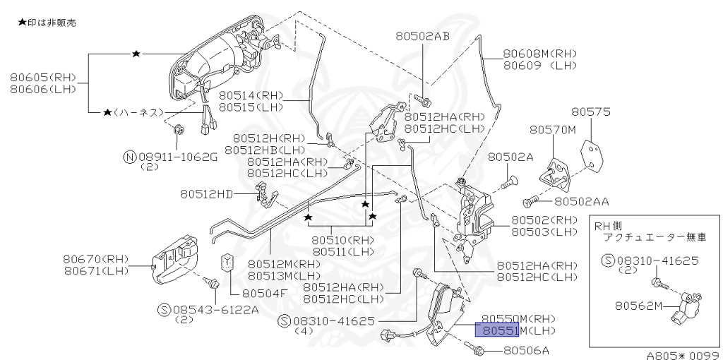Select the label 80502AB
click(x=422, y=36)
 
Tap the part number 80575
click(x=591, y=112)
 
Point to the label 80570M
click(x=553, y=130)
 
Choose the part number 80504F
click(x=265, y=292)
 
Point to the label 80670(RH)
click(x=96, y=258)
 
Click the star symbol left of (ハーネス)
click(x=107, y=112)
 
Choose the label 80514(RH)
click(x=251, y=95)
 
